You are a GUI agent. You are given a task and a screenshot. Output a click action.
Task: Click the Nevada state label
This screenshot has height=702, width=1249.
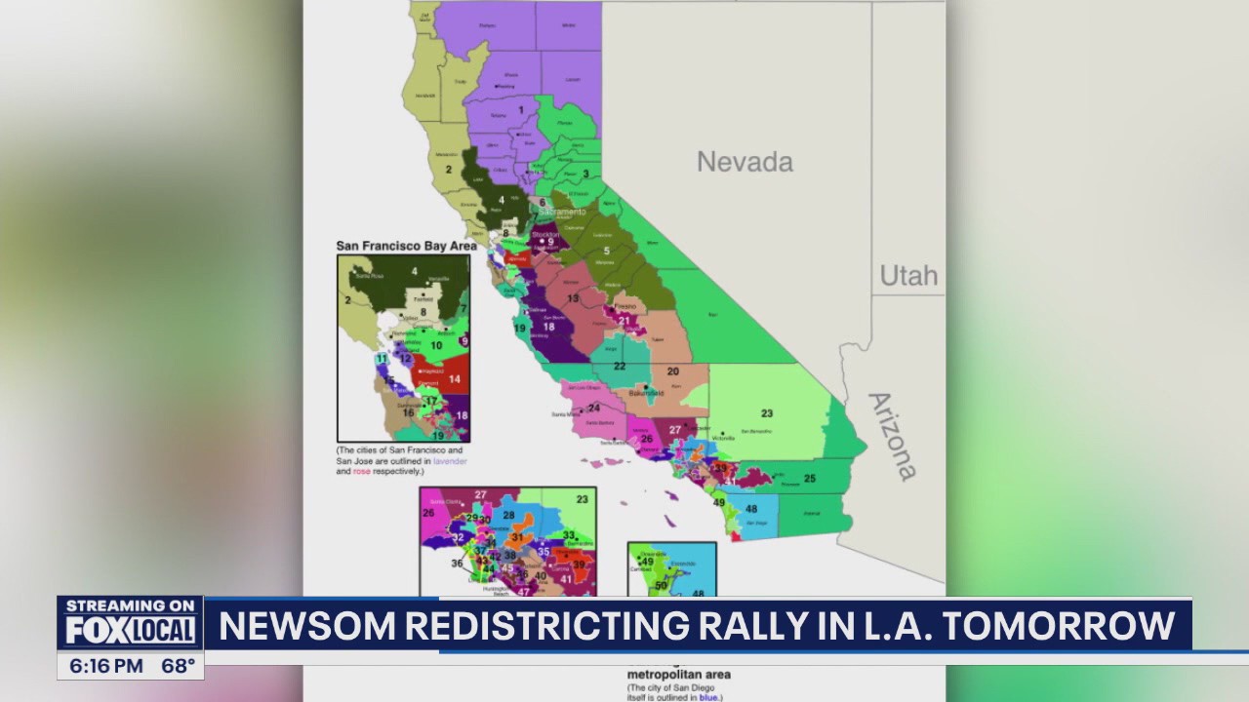pos(745,161)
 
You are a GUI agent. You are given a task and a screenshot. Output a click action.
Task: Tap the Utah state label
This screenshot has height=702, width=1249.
pos(908,275)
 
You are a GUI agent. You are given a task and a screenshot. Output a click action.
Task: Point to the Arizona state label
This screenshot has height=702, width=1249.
pos(892,436)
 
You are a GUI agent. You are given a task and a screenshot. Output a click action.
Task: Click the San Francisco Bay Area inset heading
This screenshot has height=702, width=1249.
pos(406,246)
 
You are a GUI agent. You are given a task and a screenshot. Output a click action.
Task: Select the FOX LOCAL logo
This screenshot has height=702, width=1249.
pos(130,632)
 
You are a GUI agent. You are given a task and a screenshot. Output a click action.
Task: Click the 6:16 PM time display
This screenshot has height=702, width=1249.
pos(106,667)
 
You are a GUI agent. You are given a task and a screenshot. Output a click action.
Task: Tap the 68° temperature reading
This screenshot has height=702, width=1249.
pos(177,667)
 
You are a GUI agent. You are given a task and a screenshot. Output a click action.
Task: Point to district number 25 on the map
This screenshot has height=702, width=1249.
pos(809,478)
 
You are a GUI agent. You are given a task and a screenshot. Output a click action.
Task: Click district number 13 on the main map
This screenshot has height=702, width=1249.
pos(573,297)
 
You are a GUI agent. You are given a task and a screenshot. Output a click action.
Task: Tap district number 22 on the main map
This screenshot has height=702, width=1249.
pos(620,366)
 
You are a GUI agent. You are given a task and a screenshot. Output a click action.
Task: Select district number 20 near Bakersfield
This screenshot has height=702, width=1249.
pos(672,371)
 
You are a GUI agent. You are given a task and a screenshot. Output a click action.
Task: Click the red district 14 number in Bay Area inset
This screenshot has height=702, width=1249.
pos(454,378)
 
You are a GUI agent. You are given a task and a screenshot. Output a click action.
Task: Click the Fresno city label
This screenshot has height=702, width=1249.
pos(625,307)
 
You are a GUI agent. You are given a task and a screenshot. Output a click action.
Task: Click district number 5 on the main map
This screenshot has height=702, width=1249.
pos(606,251)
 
